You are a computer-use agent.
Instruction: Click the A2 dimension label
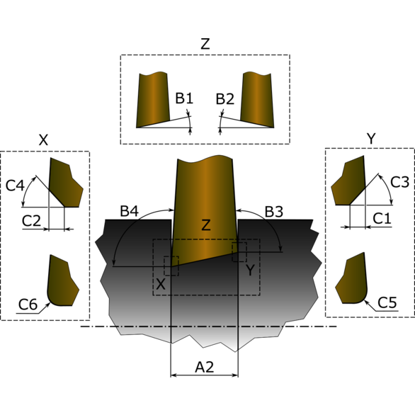pyautogui.click(x=205, y=367)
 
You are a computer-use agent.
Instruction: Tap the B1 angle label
pyautogui.click(x=184, y=98)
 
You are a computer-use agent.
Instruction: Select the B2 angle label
pyautogui.click(x=225, y=99)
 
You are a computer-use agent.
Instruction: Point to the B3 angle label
pyautogui.click(x=274, y=212)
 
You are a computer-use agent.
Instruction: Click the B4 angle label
pyautogui.click(x=129, y=211)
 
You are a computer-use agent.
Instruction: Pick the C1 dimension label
pyautogui.click(x=382, y=218)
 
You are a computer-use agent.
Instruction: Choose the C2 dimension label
pyautogui.click(x=31, y=220)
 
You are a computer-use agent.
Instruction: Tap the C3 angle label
pyautogui.click(x=399, y=182)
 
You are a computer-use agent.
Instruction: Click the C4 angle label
pyautogui.click(x=15, y=186)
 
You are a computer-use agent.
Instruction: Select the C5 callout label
pyautogui.click(x=387, y=302)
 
